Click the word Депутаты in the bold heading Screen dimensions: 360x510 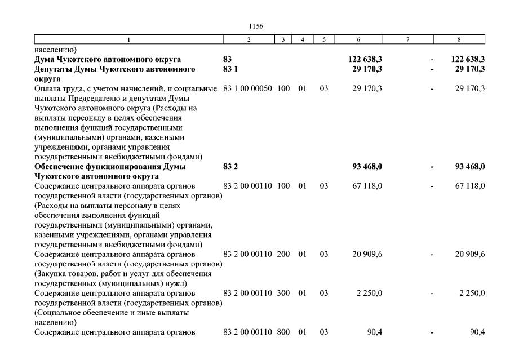pos(54,69)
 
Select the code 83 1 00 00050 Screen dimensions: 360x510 pos(248,88)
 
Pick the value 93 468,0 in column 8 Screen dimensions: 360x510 pos(469,166)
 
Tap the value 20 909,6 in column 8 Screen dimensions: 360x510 pos(472,254)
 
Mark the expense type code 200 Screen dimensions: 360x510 pos(283,254)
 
